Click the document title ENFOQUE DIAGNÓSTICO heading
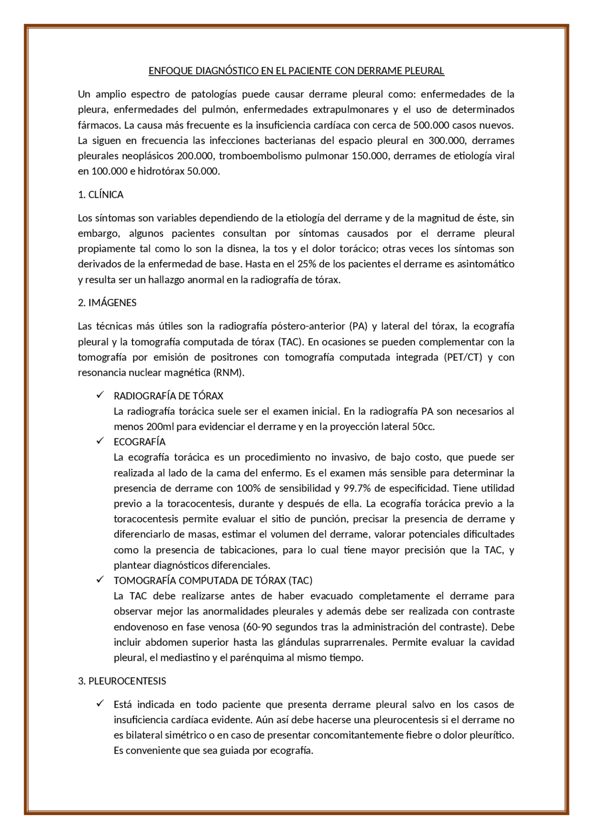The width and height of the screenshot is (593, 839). pyautogui.click(x=296, y=71)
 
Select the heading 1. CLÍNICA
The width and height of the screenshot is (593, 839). pyautogui.click(x=101, y=195)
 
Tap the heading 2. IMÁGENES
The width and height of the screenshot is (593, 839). pyautogui.click(x=107, y=303)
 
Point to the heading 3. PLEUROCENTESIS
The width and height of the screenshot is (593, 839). pyautogui.click(x=122, y=681)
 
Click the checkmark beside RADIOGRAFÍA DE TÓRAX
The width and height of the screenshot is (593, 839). pyautogui.click(x=100, y=395)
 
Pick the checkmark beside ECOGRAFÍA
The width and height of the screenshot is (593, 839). pyautogui.click(x=100, y=441)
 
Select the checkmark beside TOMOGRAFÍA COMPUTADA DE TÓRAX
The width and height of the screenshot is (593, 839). pyautogui.click(x=100, y=580)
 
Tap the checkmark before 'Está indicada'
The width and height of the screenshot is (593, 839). pyautogui.click(x=100, y=704)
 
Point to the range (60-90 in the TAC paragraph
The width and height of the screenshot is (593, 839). pyautogui.click(x=258, y=627)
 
